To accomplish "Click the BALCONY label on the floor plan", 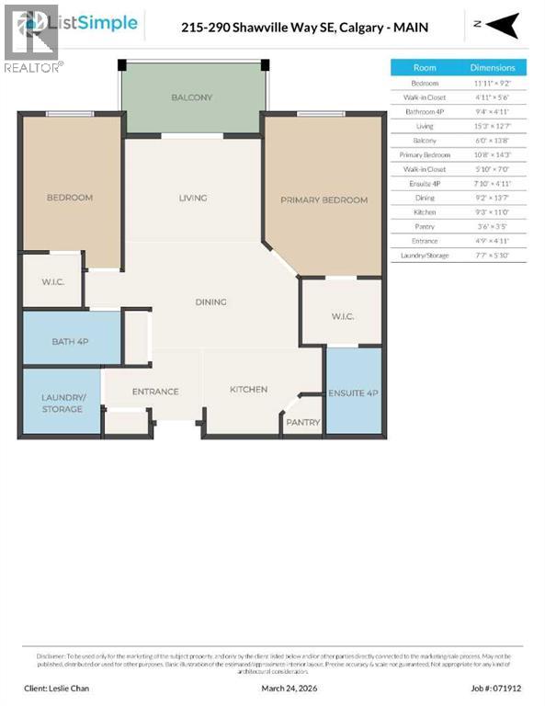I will pyautogui.click(x=191, y=97).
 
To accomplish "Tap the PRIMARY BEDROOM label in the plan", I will pyautogui.click(x=324, y=199).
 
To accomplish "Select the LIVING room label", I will pyautogui.click(x=192, y=198).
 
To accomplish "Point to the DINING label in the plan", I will pyautogui.click(x=210, y=302).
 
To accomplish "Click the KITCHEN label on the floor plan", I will pyautogui.click(x=248, y=389).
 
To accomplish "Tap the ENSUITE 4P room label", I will pyautogui.click(x=354, y=393).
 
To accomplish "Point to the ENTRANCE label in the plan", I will pyautogui.click(x=155, y=392).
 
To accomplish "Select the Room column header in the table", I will pyautogui.click(x=425, y=68).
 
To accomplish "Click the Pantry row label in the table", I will pyautogui.click(x=425, y=225).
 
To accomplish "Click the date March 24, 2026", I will pyautogui.click(x=287, y=688).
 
